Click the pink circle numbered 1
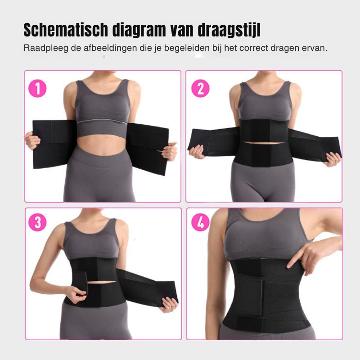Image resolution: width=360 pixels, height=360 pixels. click(x=37, y=88)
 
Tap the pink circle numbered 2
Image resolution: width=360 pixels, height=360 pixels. click(x=200, y=88)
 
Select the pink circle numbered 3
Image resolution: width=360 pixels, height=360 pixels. click(x=37, y=222)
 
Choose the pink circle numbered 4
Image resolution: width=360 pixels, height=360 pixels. click(x=200, y=222)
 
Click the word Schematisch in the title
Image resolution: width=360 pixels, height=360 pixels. click(x=66, y=30)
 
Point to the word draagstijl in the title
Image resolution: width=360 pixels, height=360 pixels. click(x=229, y=30)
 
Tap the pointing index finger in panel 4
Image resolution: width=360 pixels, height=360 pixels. click(x=295, y=259)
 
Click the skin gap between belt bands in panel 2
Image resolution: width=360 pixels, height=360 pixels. click(x=264, y=143)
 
